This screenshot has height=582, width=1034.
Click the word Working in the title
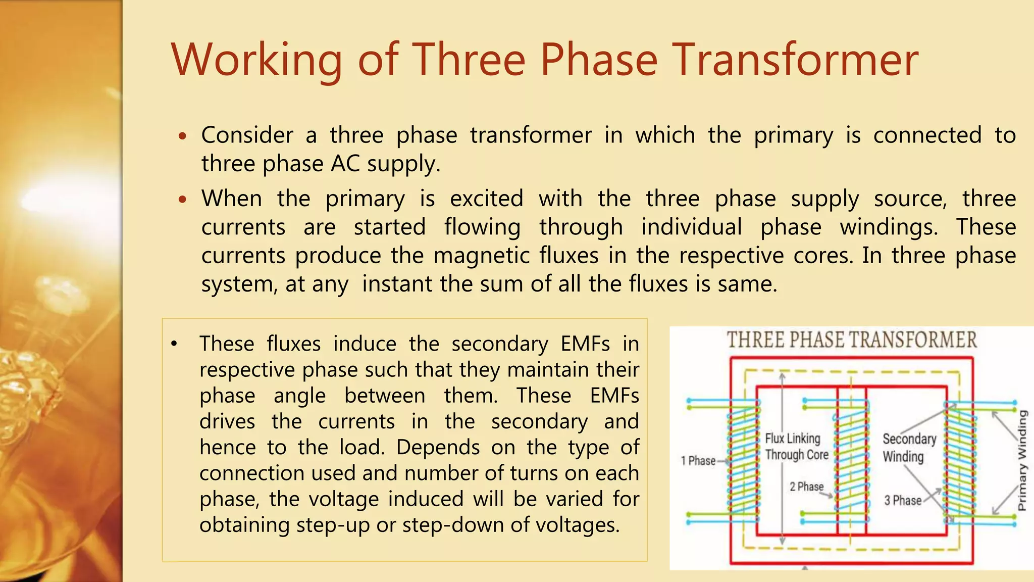257,61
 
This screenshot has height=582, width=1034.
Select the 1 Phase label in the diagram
698,461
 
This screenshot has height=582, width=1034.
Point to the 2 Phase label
806,487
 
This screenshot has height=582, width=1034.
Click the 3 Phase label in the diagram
903,501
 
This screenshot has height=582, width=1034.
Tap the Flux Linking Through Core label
796,447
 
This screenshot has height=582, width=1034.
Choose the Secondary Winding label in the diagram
909,448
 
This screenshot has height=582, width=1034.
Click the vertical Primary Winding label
1022,460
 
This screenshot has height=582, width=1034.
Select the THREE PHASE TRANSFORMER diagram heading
852,340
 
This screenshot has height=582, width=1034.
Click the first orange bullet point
183,136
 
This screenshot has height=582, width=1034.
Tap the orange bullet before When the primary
183,200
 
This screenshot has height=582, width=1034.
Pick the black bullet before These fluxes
174,345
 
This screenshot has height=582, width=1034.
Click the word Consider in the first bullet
247,135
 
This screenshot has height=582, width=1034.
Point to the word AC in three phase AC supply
346,164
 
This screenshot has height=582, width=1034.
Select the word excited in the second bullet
486,199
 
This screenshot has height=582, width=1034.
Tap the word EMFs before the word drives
614,396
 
